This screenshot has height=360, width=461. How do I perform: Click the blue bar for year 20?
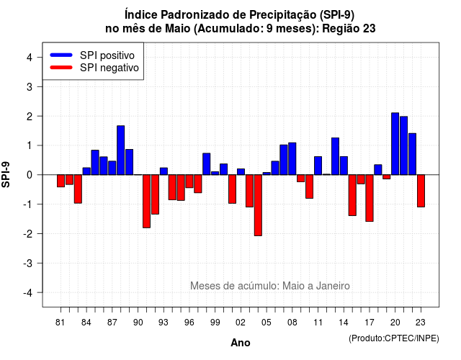(395, 144)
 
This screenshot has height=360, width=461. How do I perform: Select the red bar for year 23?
(421, 191)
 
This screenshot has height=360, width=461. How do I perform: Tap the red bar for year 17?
(370, 198)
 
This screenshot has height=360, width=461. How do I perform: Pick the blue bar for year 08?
(292, 158)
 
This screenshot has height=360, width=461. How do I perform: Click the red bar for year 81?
(61, 181)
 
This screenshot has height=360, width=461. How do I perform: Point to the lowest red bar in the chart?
(258, 205)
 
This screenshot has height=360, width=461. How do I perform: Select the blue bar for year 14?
(344, 166)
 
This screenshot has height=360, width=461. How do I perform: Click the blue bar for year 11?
(318, 166)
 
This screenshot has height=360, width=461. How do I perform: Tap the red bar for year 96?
(189, 181)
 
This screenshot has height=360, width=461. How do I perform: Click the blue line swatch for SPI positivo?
(61, 55)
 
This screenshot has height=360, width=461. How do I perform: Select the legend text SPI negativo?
(109, 68)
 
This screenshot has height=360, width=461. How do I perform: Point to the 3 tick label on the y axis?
(30, 86)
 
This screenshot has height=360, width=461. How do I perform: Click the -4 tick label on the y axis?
(29, 293)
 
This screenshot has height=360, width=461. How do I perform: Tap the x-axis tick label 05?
(266, 323)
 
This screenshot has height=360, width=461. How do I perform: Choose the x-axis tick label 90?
(138, 323)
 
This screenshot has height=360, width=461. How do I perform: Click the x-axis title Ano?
(241, 343)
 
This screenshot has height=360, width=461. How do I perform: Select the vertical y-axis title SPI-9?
(6, 174)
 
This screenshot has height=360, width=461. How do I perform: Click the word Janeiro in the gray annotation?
(333, 286)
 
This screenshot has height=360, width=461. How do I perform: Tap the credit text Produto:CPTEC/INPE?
(394, 338)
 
